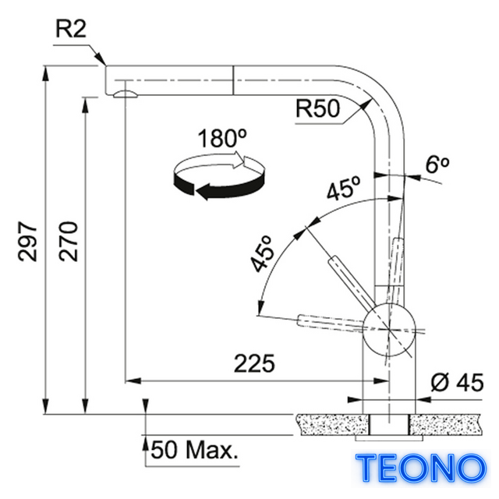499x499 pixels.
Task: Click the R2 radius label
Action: (x=71, y=29)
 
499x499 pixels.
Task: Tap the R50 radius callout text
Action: (x=317, y=108)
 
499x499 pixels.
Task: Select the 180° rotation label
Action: (x=221, y=139)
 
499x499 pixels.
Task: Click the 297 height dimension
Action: (x=28, y=242)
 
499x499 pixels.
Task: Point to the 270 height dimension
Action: (x=68, y=242)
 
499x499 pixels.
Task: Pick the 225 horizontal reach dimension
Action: (x=254, y=363)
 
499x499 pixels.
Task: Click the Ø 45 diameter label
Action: (x=458, y=383)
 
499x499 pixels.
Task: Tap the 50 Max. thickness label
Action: (x=195, y=450)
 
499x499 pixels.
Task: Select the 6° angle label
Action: (x=437, y=165)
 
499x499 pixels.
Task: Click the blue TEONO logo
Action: (x=421, y=468)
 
